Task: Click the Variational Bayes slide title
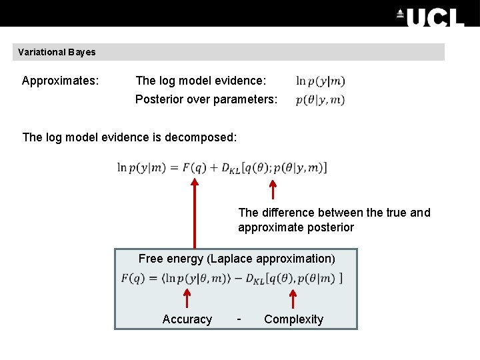point(57,52)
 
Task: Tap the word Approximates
point(60,81)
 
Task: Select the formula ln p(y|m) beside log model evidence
point(321,81)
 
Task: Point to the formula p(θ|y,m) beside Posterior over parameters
point(321,100)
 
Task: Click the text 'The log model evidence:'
point(201,81)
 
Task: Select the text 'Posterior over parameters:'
point(206,99)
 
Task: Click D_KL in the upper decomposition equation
point(230,168)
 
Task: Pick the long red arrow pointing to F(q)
point(195,213)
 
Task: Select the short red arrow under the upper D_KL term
point(272,189)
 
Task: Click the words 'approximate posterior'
point(296,227)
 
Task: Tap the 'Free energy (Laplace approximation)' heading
point(237,259)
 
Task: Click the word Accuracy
point(187,319)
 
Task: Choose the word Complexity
point(293,319)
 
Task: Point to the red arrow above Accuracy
point(187,298)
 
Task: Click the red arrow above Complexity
point(293,298)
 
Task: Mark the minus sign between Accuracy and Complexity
point(239,319)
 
